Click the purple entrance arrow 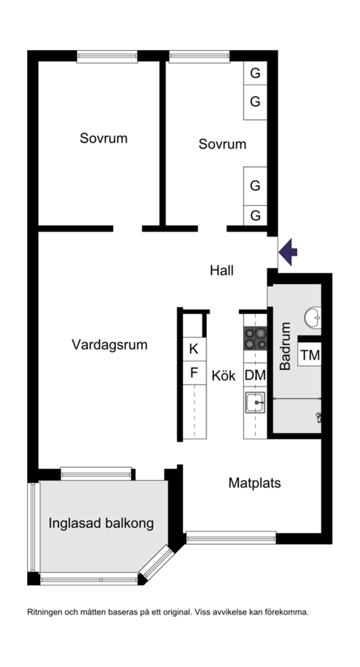[x=288, y=252]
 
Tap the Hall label [x=222, y=270]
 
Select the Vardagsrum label [x=109, y=345]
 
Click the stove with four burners [x=255, y=338]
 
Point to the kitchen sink [x=255, y=402]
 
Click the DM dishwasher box [x=255, y=375]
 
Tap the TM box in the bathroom [x=310, y=355]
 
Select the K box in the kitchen [x=194, y=349]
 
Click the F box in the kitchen [x=194, y=373]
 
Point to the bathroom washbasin [x=313, y=318]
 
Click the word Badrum [x=286, y=346]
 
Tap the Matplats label [x=255, y=483]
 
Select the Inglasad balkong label [x=101, y=523]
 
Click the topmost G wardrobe [x=255, y=73]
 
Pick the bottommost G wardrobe [x=255, y=215]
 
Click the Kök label [x=223, y=376]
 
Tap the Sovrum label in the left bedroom [x=103, y=138]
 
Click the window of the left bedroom [x=107, y=56]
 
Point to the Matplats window [x=231, y=538]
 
